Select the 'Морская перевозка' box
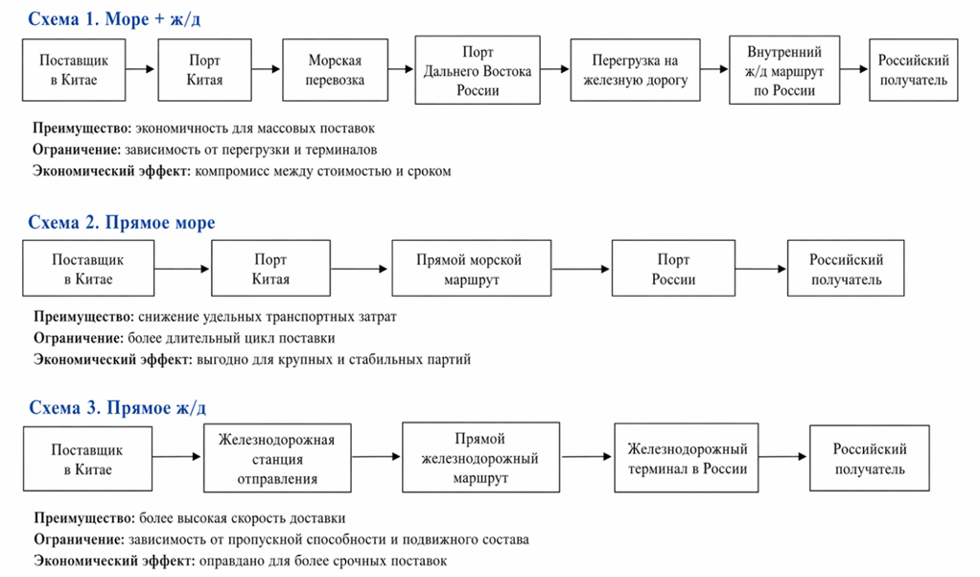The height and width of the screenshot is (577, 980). click(x=336, y=71)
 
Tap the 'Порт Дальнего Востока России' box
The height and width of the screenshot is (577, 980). click(x=478, y=71)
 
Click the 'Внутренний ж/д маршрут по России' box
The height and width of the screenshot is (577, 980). click(x=782, y=71)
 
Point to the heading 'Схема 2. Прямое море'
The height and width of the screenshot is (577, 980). click(x=122, y=223)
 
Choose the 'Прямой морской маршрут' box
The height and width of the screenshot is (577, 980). click(x=471, y=270)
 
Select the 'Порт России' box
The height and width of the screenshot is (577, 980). click(x=673, y=270)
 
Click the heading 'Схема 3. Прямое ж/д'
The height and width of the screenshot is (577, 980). click(x=117, y=408)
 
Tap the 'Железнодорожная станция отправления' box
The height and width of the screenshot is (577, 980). click(x=276, y=459)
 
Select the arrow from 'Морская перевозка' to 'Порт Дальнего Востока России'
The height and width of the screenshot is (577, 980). click(x=401, y=70)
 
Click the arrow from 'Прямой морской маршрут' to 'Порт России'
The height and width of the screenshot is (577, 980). click(x=581, y=270)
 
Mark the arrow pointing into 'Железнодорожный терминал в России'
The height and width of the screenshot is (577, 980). click(x=586, y=459)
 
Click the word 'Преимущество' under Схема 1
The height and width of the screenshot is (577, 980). click(x=81, y=128)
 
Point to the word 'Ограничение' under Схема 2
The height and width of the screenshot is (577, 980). click(x=77, y=338)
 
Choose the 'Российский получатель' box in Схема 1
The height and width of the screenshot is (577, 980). click(x=913, y=71)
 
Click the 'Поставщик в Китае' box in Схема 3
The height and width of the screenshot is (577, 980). click(x=87, y=459)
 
